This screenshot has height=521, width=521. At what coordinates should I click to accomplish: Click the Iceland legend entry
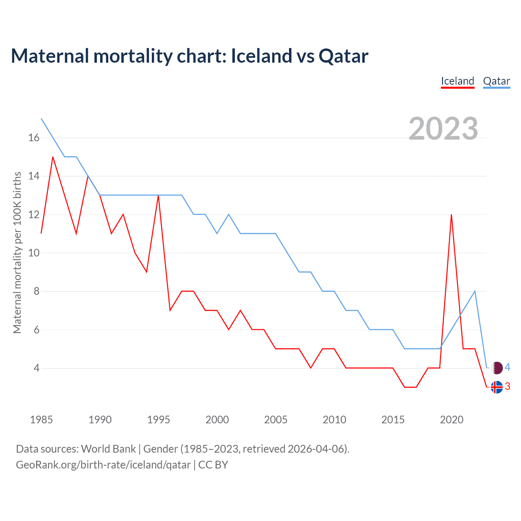click(x=458, y=81)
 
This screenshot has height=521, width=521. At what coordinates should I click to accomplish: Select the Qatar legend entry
click(x=496, y=81)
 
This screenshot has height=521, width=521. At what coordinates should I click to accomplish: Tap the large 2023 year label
click(x=443, y=129)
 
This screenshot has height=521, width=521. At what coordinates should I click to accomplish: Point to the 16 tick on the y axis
click(x=34, y=138)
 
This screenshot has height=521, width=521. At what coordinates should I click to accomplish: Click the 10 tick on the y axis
click(x=34, y=253)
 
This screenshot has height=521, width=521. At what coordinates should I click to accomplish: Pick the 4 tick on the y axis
click(x=37, y=368)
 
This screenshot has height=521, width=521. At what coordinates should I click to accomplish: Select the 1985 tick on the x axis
click(x=42, y=420)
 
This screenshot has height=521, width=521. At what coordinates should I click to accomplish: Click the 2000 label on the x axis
click(x=217, y=420)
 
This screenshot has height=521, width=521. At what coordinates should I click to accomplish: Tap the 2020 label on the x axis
click(x=451, y=420)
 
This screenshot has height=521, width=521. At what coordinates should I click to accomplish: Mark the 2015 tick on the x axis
click(x=393, y=420)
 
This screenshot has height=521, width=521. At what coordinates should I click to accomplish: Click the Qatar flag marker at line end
click(x=497, y=368)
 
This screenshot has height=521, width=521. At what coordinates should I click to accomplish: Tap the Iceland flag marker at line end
click(x=497, y=387)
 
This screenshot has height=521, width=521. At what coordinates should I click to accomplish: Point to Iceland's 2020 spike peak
click(x=451, y=215)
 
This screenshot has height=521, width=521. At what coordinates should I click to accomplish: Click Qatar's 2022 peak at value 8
click(x=475, y=291)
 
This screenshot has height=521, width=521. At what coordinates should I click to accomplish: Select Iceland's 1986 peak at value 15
click(x=53, y=157)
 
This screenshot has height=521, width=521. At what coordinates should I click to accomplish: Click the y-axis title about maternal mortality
click(x=17, y=252)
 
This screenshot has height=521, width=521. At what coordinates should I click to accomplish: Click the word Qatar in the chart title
click(x=344, y=56)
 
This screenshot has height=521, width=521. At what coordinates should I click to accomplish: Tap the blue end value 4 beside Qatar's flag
click(x=507, y=368)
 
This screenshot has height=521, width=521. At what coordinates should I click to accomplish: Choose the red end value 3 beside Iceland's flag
click(x=507, y=387)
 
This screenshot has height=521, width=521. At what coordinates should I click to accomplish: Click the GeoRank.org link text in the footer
click(x=103, y=465)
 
